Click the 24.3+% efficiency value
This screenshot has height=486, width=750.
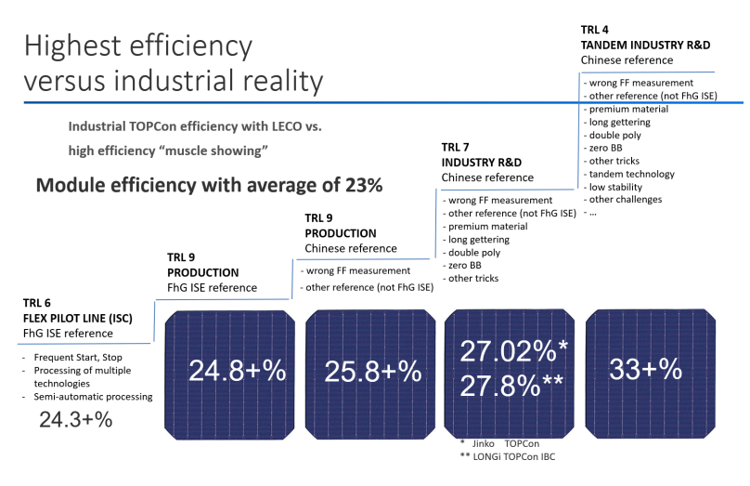tap(75, 420)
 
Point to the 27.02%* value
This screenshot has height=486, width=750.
tap(512, 352)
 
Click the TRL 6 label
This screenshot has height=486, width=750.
tap(39, 303)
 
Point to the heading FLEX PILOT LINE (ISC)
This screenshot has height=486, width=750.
tap(76, 318)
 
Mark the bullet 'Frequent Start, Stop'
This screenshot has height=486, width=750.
tap(79, 358)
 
